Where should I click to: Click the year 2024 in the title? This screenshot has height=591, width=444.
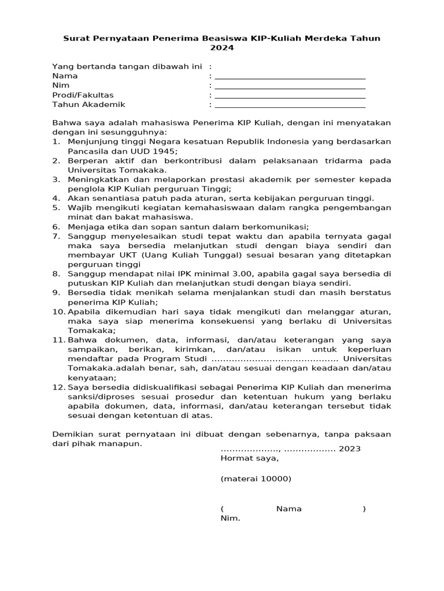click(x=222, y=48)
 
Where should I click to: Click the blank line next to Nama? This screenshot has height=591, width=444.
click(x=290, y=77)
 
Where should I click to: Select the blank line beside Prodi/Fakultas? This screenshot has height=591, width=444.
click(x=290, y=96)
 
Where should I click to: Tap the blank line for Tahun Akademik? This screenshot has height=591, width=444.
click(x=290, y=106)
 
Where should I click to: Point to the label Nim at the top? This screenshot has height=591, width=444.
click(x=61, y=85)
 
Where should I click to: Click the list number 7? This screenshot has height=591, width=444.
click(x=56, y=237)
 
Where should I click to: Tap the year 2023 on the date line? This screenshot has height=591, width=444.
click(x=349, y=448)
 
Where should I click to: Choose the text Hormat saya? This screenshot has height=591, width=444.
click(x=249, y=458)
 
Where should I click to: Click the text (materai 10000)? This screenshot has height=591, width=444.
click(x=256, y=479)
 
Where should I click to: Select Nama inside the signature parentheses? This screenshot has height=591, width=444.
click(x=289, y=508)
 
